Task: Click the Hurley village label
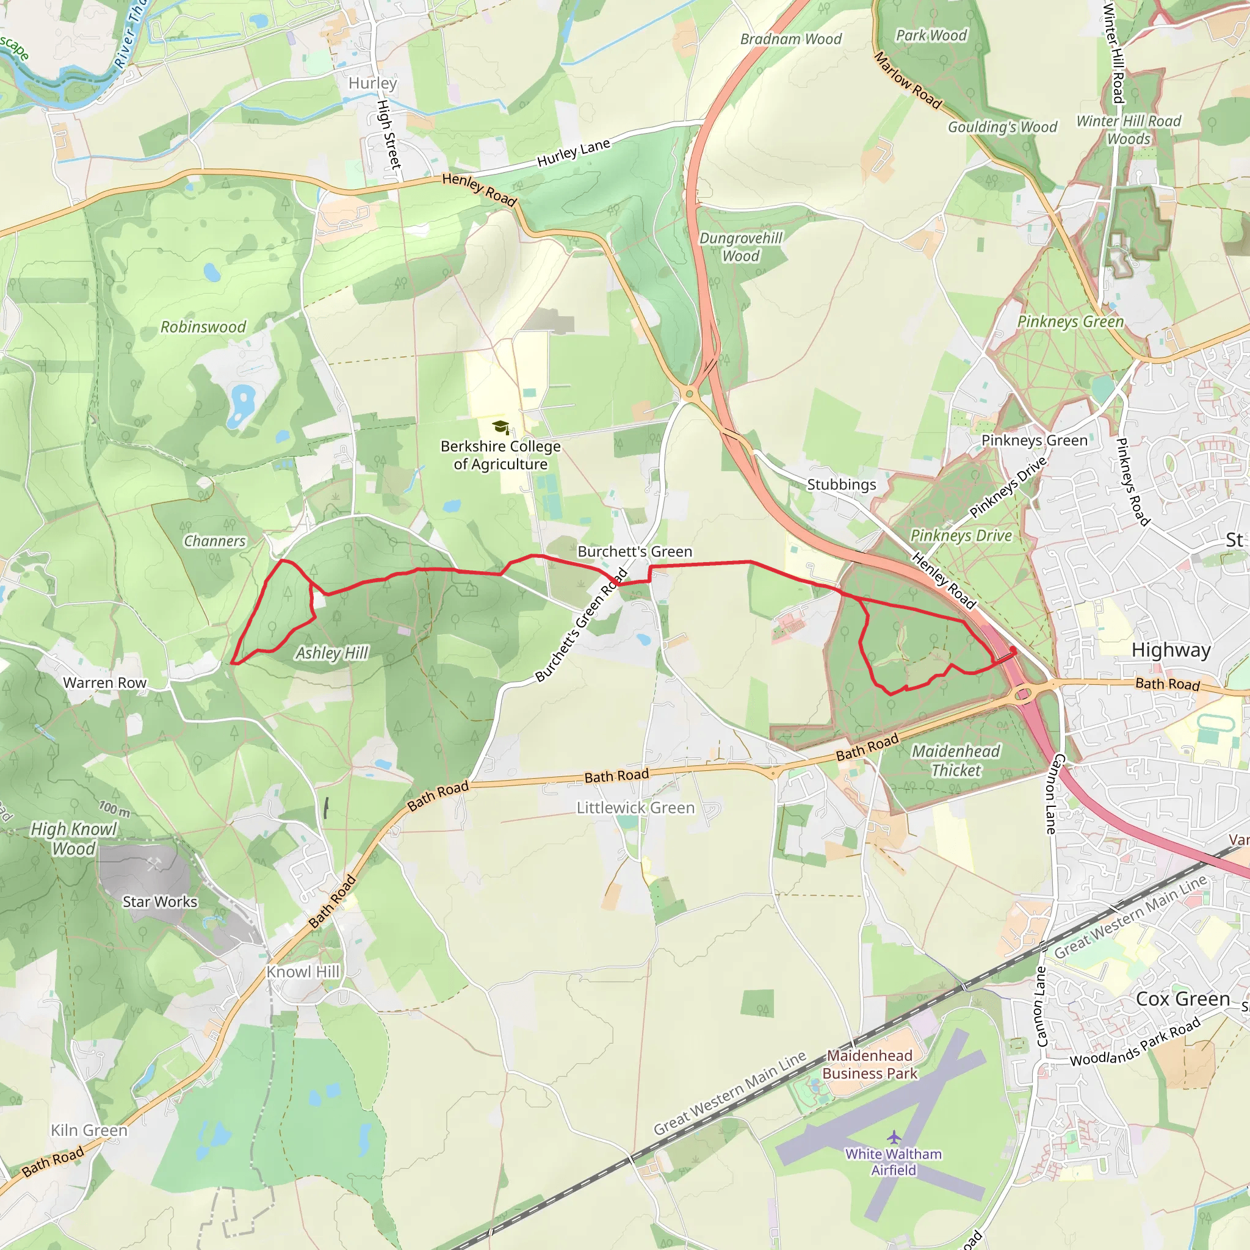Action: tap(373, 84)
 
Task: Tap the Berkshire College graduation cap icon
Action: tap(500, 427)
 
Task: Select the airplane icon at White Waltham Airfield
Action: tap(894, 1136)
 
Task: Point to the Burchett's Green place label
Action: tap(635, 552)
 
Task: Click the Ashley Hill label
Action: tap(332, 653)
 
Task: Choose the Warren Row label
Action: tap(105, 682)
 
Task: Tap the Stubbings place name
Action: tap(841, 485)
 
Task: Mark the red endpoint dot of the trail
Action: tap(1013, 649)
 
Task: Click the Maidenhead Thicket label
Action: tap(956, 760)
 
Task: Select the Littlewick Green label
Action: tap(635, 807)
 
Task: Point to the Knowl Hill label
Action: tap(303, 972)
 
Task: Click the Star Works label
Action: tap(160, 902)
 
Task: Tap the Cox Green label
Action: tap(1183, 999)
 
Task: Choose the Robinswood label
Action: tap(203, 327)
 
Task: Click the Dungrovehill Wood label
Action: tap(741, 247)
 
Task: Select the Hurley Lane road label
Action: tap(573, 153)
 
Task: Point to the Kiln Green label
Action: tap(89, 1130)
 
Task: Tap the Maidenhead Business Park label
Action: tap(870, 1064)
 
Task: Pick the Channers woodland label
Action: tap(215, 541)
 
